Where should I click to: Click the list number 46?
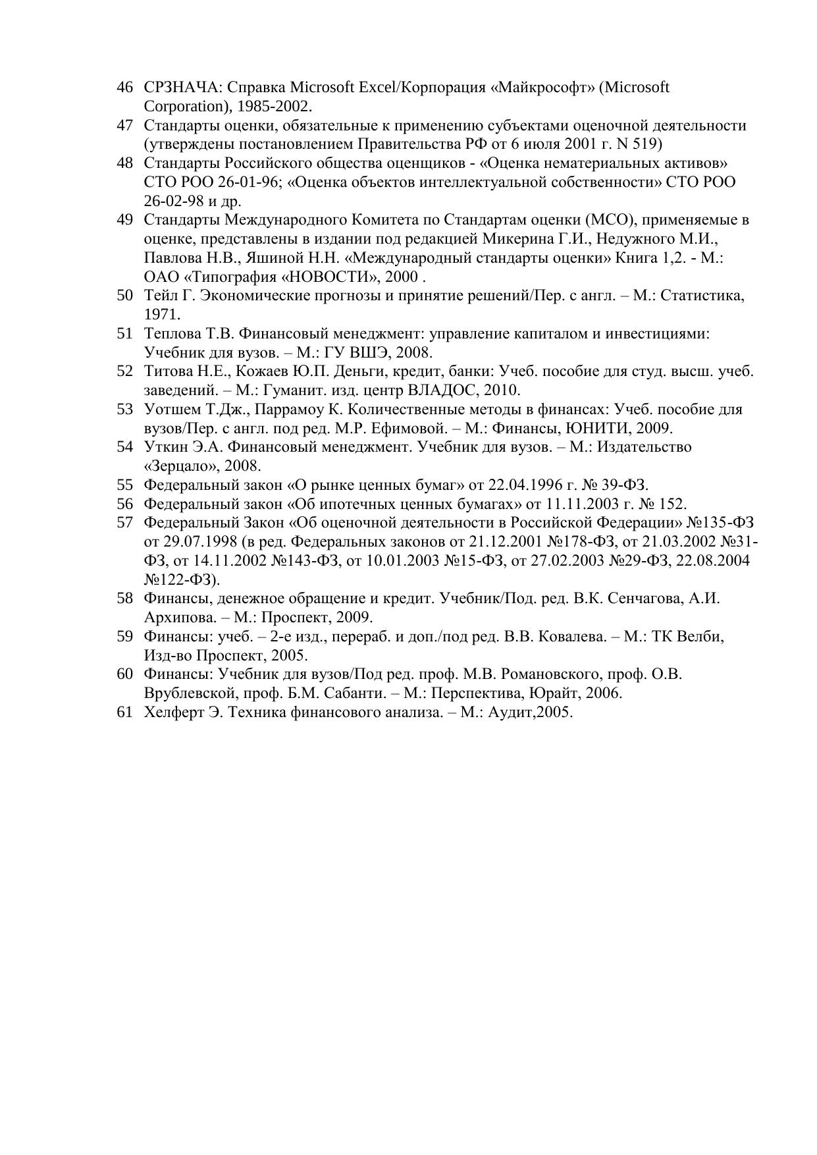click(x=125, y=88)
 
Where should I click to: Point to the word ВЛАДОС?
click(x=445, y=390)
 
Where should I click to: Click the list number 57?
click(x=125, y=524)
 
